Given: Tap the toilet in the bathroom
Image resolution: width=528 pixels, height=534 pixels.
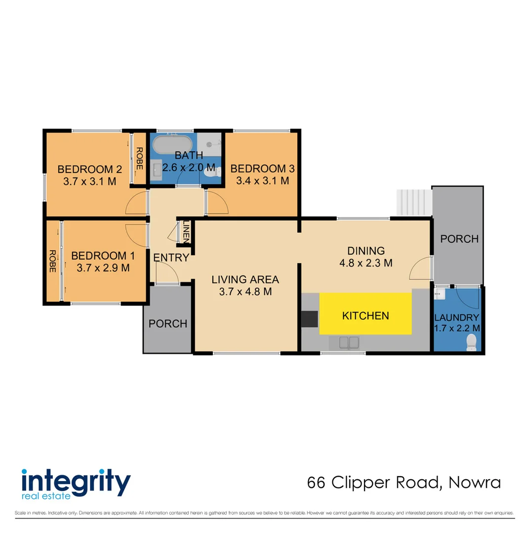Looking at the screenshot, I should [212, 173].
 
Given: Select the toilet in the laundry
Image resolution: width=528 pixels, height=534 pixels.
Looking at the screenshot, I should [472, 341].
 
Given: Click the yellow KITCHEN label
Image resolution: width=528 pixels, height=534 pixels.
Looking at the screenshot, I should [366, 315].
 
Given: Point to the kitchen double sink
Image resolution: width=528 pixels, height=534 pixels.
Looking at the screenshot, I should [349, 342].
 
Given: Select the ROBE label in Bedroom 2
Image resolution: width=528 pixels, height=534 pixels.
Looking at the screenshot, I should [139, 158].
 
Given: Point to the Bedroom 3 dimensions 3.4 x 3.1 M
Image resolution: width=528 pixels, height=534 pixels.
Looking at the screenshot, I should [262, 181].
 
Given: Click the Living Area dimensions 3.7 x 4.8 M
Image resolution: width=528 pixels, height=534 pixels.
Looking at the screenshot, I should [245, 292].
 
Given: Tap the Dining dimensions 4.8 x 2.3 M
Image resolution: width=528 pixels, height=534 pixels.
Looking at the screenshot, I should [366, 263].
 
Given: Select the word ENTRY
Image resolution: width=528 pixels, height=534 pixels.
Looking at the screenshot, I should [171, 258].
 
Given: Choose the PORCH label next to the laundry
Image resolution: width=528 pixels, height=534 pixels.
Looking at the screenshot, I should [459, 239].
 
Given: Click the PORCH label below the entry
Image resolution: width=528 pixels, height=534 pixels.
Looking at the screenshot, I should [168, 324].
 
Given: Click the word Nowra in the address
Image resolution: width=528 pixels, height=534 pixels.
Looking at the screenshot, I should [475, 482].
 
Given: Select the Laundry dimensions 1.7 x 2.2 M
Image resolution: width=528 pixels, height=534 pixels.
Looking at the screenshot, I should [457, 327].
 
